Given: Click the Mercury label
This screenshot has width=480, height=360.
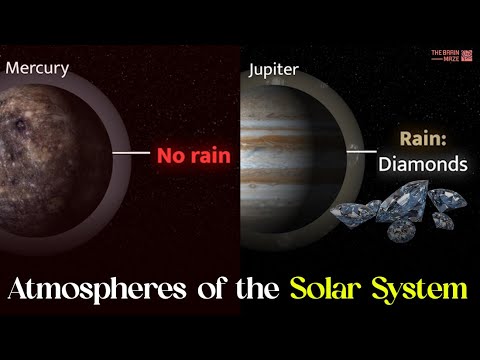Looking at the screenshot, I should click(x=37, y=69).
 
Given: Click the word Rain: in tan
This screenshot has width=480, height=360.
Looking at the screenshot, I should click(x=420, y=138).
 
